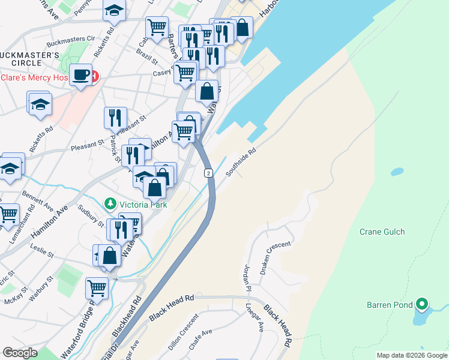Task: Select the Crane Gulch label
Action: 382,232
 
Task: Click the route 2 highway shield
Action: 208,173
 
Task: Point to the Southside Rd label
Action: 241,163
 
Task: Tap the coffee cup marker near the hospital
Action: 80,75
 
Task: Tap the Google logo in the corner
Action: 20,353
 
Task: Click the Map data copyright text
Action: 411,355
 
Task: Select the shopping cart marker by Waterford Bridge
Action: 97,289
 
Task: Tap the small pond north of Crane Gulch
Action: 396,172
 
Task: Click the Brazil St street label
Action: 146,62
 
